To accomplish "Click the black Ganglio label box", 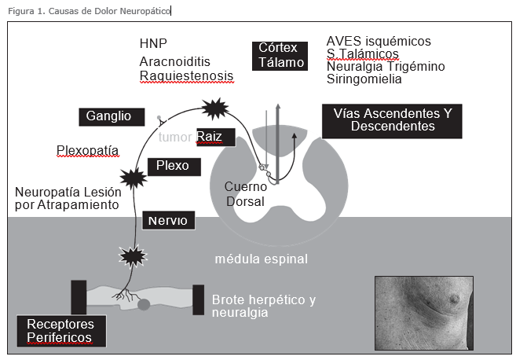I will click(115, 116).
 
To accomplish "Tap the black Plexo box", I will click(174, 166).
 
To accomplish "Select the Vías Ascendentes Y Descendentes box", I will click(392, 120).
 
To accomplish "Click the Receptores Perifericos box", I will click(60, 331).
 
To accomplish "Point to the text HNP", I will click(154, 42).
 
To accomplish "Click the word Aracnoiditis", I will click(177, 61).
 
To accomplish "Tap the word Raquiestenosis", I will click(186, 76).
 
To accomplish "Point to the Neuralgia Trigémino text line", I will click(385, 67).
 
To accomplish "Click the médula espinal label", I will click(262, 259).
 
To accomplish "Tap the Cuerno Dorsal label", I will click(245, 194).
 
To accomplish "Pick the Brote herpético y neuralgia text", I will click(263, 306).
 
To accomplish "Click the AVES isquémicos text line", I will click(378, 41).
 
